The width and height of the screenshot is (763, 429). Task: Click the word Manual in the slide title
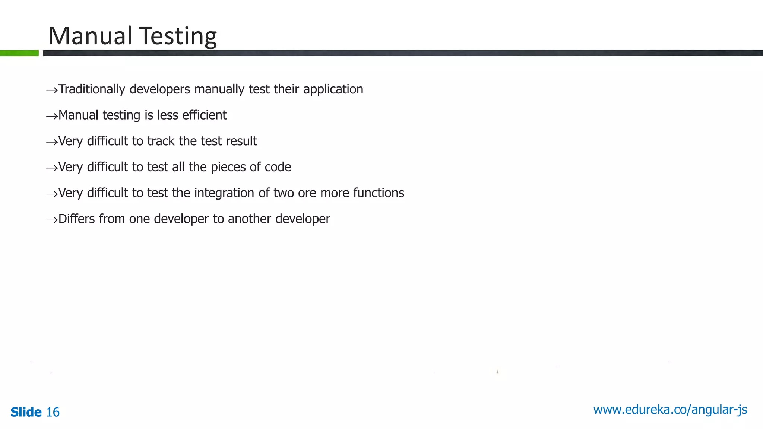90,36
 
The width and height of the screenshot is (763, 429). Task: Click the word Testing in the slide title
178,37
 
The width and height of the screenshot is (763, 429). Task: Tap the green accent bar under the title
19,53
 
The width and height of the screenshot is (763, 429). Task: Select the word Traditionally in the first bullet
92,89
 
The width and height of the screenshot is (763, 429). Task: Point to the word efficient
204,115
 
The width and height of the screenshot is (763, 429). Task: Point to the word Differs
76,219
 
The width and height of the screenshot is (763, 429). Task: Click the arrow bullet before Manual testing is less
52,116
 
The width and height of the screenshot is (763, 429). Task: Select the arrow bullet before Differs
52,220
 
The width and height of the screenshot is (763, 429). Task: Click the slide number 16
53,412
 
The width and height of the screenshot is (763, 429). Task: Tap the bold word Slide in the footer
26,412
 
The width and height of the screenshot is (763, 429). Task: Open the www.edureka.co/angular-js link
670,410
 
